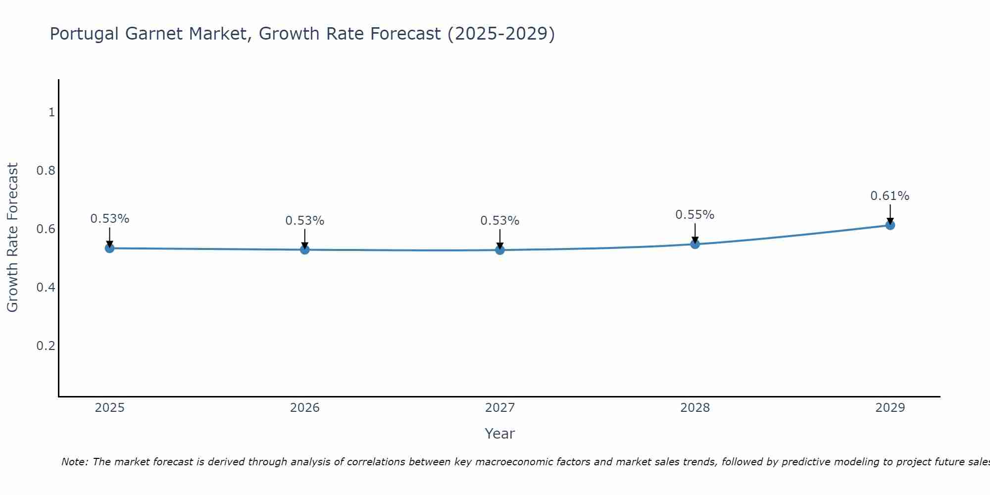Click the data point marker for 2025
click(x=110, y=248)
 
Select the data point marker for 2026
click(x=305, y=249)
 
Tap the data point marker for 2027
click(x=500, y=250)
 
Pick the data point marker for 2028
click(x=695, y=244)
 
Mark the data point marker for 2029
click(x=890, y=225)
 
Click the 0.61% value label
click(x=890, y=196)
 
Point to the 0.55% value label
click(x=694, y=215)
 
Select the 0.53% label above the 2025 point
click(x=109, y=219)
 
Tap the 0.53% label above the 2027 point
click(x=499, y=221)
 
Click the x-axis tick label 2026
click(x=305, y=408)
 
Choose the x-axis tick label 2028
click(x=695, y=408)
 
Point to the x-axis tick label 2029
click(x=890, y=408)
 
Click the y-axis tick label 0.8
click(x=46, y=171)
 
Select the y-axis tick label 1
click(x=51, y=112)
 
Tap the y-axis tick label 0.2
click(x=46, y=346)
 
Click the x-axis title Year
click(x=499, y=434)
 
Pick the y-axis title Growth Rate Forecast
click(x=12, y=238)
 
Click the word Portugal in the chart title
click(x=84, y=34)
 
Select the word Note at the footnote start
click(x=74, y=462)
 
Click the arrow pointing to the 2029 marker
click(x=890, y=214)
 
